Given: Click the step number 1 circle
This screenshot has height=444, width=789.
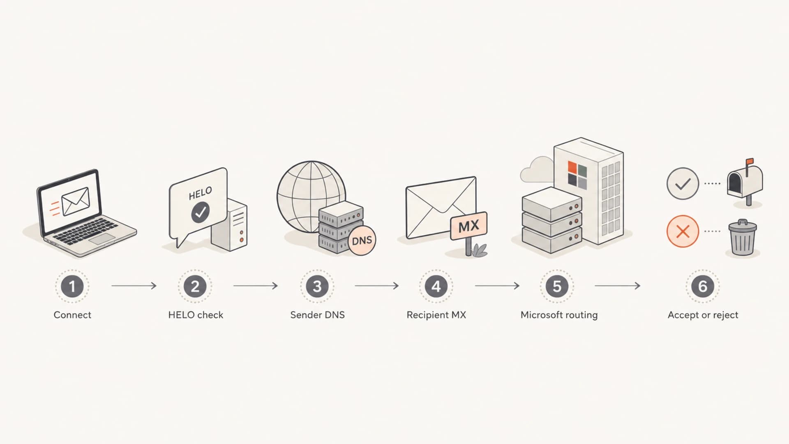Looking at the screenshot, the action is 72,286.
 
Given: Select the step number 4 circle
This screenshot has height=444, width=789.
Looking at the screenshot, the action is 436,286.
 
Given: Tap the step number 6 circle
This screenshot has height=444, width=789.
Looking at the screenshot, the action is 703,286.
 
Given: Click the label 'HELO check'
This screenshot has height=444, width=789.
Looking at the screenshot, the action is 196,315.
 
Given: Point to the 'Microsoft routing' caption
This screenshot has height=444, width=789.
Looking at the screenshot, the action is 559,315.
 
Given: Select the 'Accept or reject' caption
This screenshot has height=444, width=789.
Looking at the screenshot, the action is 703,315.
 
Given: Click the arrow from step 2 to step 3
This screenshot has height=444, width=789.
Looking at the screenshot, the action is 256,286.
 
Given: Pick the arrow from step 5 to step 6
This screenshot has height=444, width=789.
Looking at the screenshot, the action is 618,286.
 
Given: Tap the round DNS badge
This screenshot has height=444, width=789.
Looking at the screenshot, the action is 362,240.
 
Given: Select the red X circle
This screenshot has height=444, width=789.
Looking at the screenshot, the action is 683,231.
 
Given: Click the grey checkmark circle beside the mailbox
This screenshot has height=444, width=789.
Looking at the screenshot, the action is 683,183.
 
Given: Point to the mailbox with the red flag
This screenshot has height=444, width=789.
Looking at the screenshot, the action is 745,181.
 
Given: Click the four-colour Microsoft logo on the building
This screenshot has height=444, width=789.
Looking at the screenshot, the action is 577,174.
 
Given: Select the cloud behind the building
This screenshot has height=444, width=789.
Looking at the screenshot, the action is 537,169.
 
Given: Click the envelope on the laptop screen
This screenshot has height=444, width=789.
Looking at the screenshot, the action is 76,201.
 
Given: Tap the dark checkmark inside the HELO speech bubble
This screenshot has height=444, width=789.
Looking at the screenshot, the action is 201,212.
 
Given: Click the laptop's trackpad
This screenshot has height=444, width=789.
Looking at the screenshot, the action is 102,238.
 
